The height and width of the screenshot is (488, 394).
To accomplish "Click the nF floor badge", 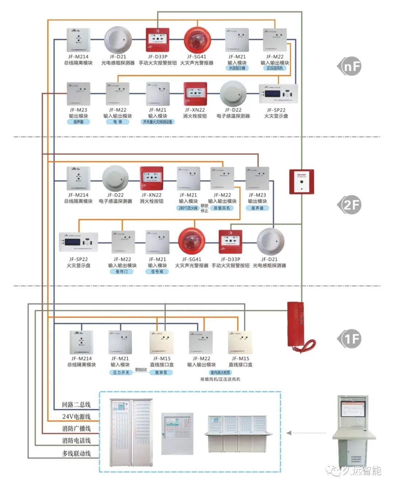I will point(349,66).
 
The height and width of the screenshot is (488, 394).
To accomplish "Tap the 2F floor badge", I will point(349,205).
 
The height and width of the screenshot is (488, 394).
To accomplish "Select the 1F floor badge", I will point(349,339).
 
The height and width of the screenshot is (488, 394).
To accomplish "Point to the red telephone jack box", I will point(301,181).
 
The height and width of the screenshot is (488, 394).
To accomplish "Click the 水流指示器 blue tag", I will point(237,68).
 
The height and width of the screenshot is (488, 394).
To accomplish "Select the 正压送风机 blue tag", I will point(275,68).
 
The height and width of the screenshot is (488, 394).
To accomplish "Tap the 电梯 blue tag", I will point(117,122).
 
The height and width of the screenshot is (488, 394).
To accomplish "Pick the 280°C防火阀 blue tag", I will point(188,208).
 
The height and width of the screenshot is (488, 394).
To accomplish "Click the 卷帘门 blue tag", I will point(122,272).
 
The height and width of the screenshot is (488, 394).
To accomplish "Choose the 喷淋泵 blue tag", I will point(161,373).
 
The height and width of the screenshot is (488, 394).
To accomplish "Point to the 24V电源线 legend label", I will point(76,416).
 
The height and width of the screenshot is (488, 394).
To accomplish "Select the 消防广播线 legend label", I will point(76,429).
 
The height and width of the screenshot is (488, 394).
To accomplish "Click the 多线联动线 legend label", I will point(76,453).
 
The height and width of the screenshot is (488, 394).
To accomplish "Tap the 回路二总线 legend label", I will point(76,404).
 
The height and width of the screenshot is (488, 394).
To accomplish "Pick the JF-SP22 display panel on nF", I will point(278,94).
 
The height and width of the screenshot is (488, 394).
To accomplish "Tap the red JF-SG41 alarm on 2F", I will point(192,242).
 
